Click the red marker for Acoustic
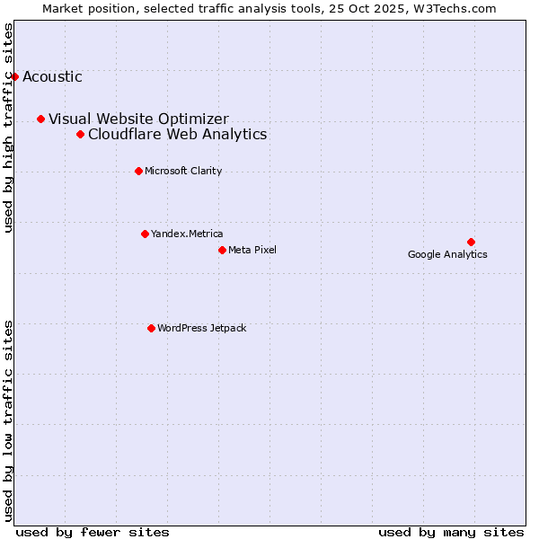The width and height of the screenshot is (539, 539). [x=14, y=76]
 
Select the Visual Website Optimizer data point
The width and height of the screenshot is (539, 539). [x=40, y=119]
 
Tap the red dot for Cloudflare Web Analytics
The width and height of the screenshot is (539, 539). [x=80, y=134]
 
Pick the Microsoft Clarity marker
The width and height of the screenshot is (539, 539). [x=138, y=171]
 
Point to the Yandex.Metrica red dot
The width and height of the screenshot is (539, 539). [x=145, y=234]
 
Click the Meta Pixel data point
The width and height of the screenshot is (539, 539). [x=222, y=250]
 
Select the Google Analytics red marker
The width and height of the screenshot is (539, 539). [x=471, y=242]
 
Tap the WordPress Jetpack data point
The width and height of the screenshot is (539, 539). [x=151, y=328]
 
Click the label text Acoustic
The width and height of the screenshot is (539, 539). [x=52, y=76]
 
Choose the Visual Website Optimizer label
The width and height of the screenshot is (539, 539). [x=138, y=119]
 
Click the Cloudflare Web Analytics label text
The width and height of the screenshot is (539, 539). [x=177, y=134]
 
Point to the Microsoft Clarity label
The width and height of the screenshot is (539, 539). [x=183, y=171]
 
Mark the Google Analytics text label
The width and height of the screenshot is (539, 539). [x=447, y=254]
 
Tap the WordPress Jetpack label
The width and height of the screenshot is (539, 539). [x=201, y=328]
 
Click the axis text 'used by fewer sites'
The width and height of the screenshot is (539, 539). [x=93, y=532]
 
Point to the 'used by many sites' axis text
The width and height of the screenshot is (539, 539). [x=451, y=532]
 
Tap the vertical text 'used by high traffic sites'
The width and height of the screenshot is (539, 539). [x=8, y=128]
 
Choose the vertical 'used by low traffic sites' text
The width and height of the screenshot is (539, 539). [x=8, y=420]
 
